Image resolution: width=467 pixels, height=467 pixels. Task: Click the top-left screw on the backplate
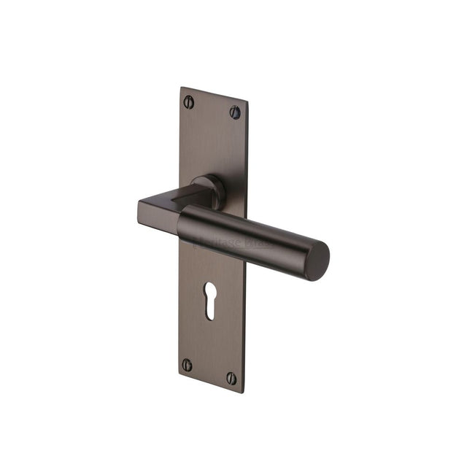[x=189, y=101]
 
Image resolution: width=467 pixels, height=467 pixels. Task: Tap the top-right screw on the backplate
[x=235, y=112]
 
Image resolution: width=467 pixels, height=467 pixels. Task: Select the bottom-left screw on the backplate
[x=188, y=364]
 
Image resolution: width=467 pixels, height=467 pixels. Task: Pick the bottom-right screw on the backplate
[x=231, y=378]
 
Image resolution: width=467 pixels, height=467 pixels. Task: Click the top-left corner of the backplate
[x=181, y=88]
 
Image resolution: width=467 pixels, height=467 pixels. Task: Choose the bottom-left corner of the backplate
[x=179, y=375]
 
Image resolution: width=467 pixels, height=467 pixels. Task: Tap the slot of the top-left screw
[x=189, y=101]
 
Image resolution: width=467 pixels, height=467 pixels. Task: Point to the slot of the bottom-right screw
[x=231, y=378]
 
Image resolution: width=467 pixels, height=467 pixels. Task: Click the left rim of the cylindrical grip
[x=182, y=222]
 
